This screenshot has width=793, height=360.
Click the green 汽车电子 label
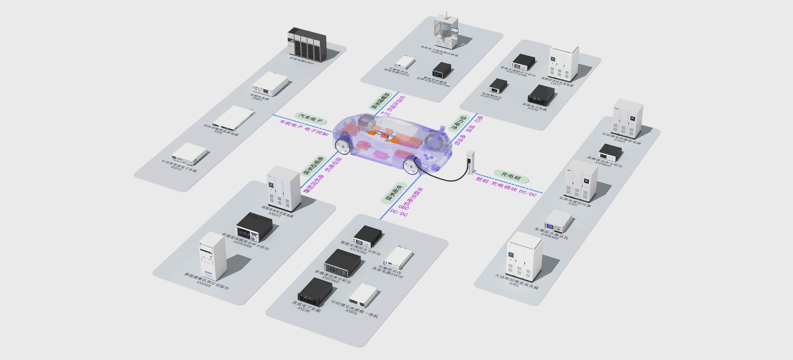[310, 118]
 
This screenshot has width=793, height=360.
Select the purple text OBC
[403, 208]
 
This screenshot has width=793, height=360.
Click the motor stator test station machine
[446, 29]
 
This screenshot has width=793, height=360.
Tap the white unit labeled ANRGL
[363, 295]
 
